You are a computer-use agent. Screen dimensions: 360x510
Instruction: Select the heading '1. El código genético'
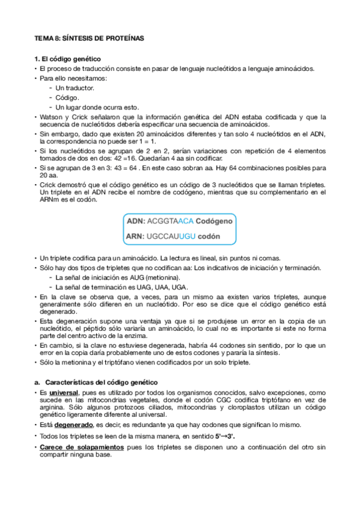click(x=67, y=59)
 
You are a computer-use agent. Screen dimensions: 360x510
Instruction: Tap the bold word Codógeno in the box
click(x=214, y=221)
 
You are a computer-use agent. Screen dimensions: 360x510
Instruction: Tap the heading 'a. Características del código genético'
click(x=96, y=382)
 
